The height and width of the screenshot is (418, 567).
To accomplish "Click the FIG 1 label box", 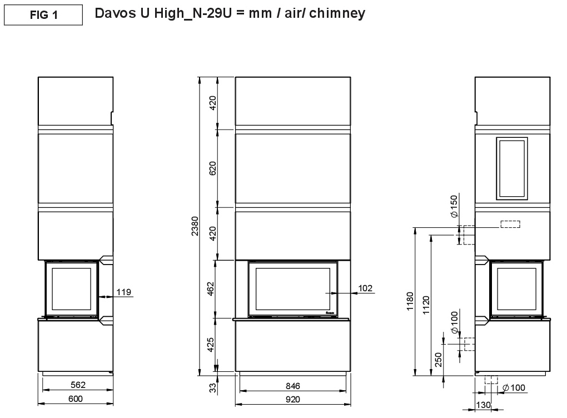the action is [43, 15].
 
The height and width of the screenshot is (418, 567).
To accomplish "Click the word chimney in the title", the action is [337, 13].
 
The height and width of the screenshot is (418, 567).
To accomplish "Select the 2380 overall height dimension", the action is [195, 226].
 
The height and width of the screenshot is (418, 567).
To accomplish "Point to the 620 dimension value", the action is [212, 168].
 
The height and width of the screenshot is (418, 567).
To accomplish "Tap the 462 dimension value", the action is [211, 289].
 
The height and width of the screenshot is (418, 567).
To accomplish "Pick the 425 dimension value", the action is [211, 345].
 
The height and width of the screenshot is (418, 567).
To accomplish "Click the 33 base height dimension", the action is [213, 387].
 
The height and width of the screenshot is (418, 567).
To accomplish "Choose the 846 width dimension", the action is [292, 386].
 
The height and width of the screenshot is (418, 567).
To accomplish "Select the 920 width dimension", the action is [292, 399].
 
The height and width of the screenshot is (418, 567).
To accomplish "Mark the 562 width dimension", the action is [78, 385].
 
